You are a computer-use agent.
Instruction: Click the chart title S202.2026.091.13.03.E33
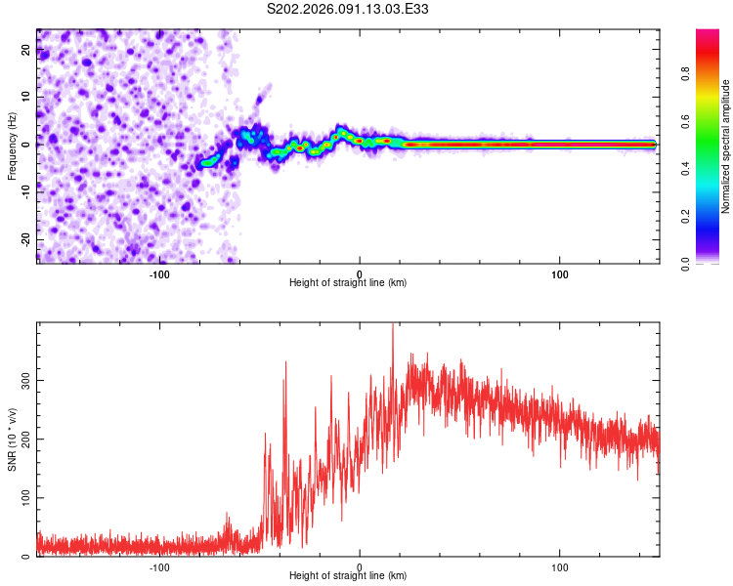tap(349, 10)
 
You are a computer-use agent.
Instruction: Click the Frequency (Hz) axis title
tap(12, 146)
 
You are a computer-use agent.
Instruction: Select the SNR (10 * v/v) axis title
tap(12, 439)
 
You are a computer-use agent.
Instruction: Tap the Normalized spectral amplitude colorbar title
tap(726, 146)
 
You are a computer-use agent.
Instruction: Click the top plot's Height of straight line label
tap(348, 282)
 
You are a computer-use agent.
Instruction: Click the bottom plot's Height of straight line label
tap(348, 575)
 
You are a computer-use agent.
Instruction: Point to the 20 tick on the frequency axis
tap(26, 52)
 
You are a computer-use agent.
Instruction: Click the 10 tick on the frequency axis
tap(26, 99)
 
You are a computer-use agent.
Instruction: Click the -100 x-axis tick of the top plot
tap(159, 274)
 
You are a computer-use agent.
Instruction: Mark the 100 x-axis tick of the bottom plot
tap(560, 567)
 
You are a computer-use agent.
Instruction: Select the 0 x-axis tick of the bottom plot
tap(360, 567)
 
